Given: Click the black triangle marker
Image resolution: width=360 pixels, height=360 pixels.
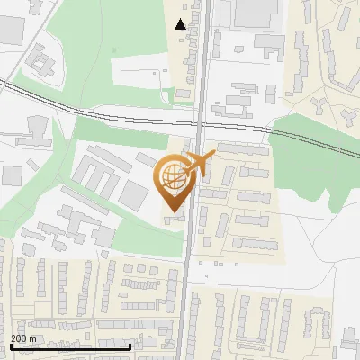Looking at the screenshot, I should (x=181, y=24).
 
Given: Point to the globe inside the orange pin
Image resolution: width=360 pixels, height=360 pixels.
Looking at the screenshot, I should (x=172, y=177).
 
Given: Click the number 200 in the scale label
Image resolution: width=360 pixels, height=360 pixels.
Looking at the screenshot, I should (x=19, y=338).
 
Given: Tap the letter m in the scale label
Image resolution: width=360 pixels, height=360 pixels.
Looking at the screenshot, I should (x=33, y=338).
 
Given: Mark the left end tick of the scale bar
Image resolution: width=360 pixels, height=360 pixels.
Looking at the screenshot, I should (x=10, y=346).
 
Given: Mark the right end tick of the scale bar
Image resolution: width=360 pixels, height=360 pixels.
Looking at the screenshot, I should (x=130, y=346).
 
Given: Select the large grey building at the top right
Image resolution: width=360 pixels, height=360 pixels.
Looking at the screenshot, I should (x=256, y=13).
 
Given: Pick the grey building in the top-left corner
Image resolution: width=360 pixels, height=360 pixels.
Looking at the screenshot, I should (x=11, y=30).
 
